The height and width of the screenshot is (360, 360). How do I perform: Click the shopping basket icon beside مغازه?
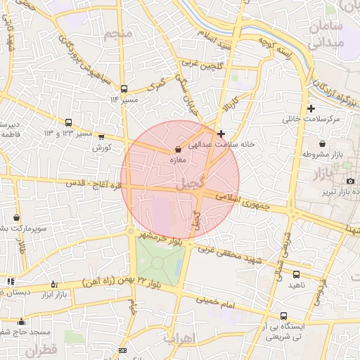[x=177, y=150]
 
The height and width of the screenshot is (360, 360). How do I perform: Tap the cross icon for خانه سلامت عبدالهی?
[x=221, y=134]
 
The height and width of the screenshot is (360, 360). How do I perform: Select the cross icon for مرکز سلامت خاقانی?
[x=311, y=108]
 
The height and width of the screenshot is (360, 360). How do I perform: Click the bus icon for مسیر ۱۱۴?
[x=124, y=89]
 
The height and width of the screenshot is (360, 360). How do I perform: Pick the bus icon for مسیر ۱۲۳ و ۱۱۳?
[x=69, y=122]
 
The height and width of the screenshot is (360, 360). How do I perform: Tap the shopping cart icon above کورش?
[x=102, y=137]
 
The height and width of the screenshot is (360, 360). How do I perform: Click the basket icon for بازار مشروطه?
[x=322, y=143]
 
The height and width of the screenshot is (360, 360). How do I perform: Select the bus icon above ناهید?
[x=296, y=274]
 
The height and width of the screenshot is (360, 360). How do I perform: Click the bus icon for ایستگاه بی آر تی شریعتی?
[x=283, y=316]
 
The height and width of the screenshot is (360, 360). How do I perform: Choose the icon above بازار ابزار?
[x=53, y=284]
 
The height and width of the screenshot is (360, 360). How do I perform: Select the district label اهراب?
[x=178, y=337]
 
